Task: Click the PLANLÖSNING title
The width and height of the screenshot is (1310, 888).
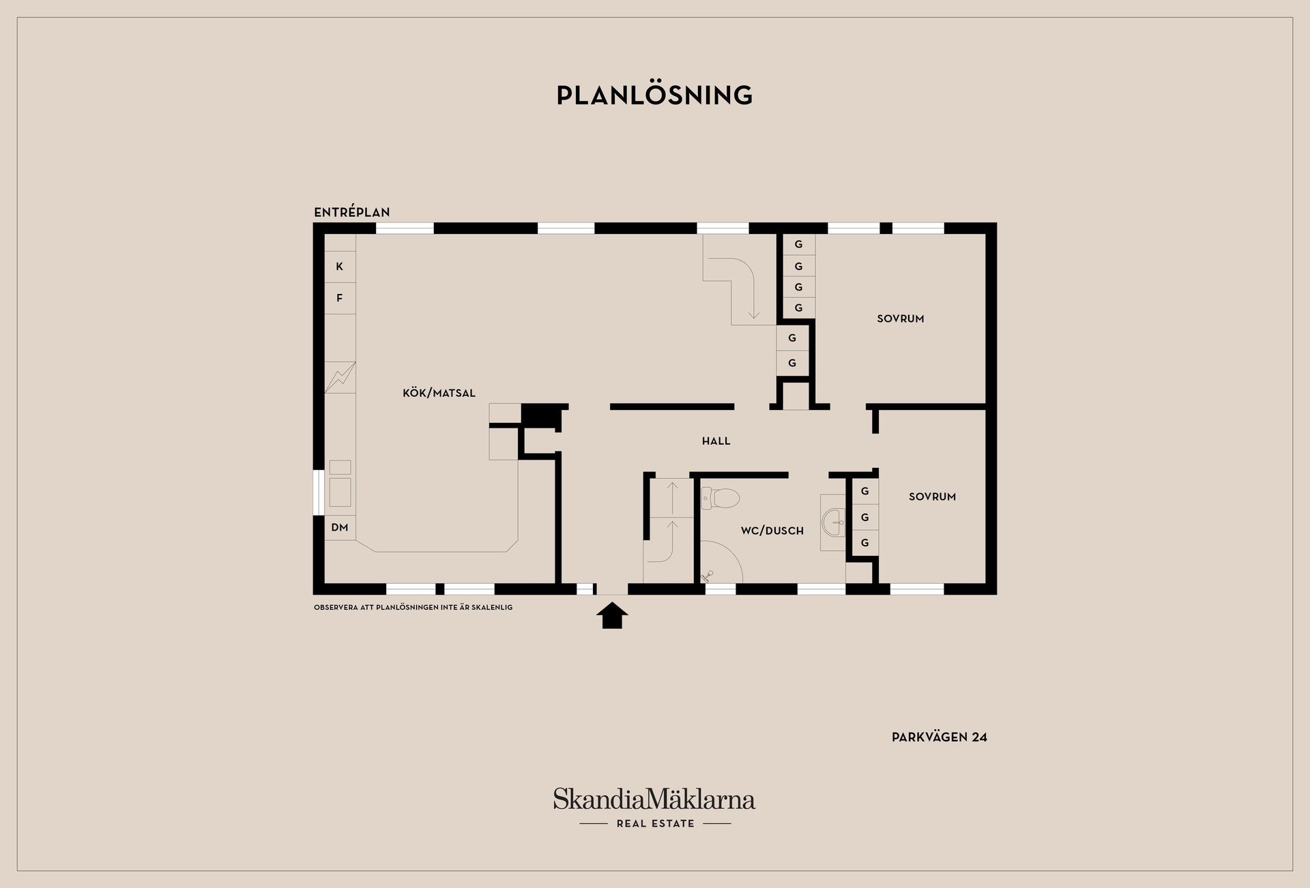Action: (654, 95)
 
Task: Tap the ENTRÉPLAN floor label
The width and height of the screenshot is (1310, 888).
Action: (351, 212)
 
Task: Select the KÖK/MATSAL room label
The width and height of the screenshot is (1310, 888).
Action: (439, 393)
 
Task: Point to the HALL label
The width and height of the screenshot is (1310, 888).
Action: (716, 441)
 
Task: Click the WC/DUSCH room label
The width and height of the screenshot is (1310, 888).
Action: (772, 531)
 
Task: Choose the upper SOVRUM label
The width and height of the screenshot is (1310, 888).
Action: (900, 319)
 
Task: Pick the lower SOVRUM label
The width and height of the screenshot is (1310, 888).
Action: (932, 497)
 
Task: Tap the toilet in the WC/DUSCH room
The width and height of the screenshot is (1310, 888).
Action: (719, 499)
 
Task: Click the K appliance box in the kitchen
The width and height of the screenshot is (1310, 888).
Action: (340, 267)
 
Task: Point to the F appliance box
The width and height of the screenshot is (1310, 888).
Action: (340, 298)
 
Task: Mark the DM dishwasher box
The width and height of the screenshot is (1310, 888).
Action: (340, 527)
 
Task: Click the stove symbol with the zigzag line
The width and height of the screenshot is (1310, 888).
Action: (340, 377)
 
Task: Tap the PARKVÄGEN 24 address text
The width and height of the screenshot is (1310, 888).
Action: (939, 737)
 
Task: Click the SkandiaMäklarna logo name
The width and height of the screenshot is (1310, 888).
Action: (654, 799)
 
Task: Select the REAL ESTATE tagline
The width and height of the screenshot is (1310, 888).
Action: (655, 824)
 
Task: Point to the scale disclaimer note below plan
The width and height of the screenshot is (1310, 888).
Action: (413, 607)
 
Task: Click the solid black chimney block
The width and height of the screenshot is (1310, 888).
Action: (539, 414)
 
